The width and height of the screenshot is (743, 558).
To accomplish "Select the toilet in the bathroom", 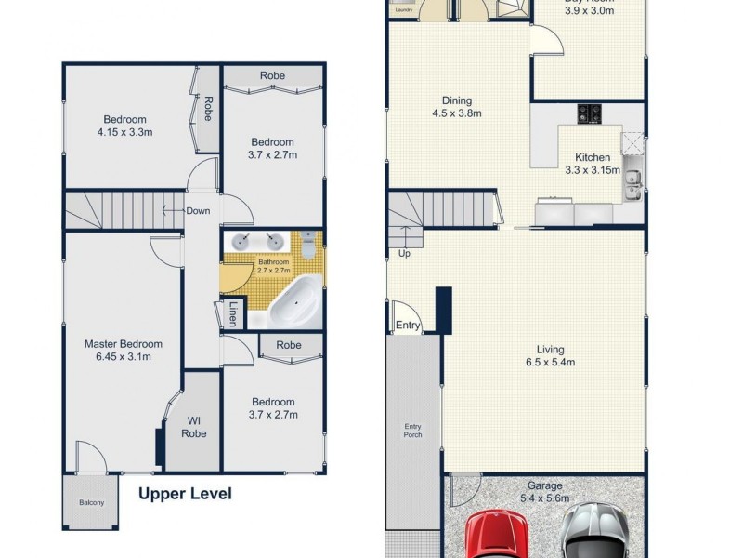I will pyautogui.click(x=308, y=245).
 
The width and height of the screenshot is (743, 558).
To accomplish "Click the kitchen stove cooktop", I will pyautogui.click(x=591, y=113).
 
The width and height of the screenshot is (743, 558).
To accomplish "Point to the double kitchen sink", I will pyautogui.click(x=633, y=183).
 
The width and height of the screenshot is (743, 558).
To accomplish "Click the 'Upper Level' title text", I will pyautogui.click(x=185, y=494).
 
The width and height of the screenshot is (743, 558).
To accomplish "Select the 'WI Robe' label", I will pyautogui.click(x=194, y=427).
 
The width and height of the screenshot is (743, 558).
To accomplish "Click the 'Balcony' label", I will pyautogui.click(x=91, y=503).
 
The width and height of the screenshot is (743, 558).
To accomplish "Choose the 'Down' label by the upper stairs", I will pyautogui.click(x=198, y=210).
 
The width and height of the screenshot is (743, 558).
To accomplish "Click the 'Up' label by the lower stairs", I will pyautogui.click(x=403, y=253).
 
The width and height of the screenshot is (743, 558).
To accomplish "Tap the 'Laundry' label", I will pyautogui.click(x=403, y=10).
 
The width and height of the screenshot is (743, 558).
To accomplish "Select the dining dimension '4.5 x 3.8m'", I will pyautogui.click(x=457, y=113).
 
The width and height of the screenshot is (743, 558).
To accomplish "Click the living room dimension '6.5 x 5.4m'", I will pyautogui.click(x=543, y=363).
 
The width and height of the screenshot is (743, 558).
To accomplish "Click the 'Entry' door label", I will pyautogui.click(x=408, y=325).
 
